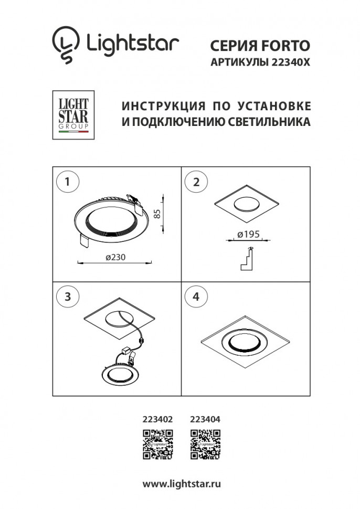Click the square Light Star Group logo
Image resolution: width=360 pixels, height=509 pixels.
tap(73, 115)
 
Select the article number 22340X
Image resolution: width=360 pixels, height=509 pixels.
tap(290, 61)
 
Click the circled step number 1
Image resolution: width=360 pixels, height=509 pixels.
tap(67, 182)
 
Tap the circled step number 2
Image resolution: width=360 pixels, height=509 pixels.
tap(196, 182)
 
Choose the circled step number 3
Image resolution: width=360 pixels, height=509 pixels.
tap(67, 296)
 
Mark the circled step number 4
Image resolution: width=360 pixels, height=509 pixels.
tap(196, 296)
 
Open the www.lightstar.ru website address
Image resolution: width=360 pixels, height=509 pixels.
tap(182, 483)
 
